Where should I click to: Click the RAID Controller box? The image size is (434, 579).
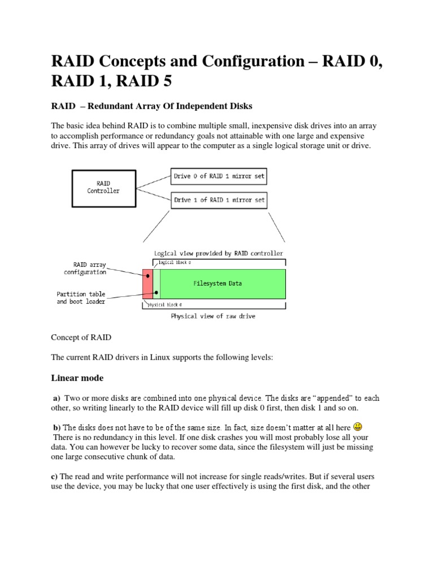tap(103, 187)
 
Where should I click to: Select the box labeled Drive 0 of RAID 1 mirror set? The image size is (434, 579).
tap(219, 176)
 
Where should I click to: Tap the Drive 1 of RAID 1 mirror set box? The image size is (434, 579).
tap(219, 200)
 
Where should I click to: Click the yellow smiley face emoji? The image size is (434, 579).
tap(358, 426)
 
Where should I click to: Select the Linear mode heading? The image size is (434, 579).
tap(77, 377)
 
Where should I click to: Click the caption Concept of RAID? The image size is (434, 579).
tap(81, 338)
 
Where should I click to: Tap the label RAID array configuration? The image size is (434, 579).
tap(85, 268)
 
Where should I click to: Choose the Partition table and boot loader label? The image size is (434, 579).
tap(81, 297)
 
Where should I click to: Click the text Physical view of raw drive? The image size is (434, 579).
tap(213, 316)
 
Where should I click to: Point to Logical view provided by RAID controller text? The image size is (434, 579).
tap(219, 253)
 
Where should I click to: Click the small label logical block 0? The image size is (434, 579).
tap(174, 263)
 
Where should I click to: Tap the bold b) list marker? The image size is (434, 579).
tap(57, 426)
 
